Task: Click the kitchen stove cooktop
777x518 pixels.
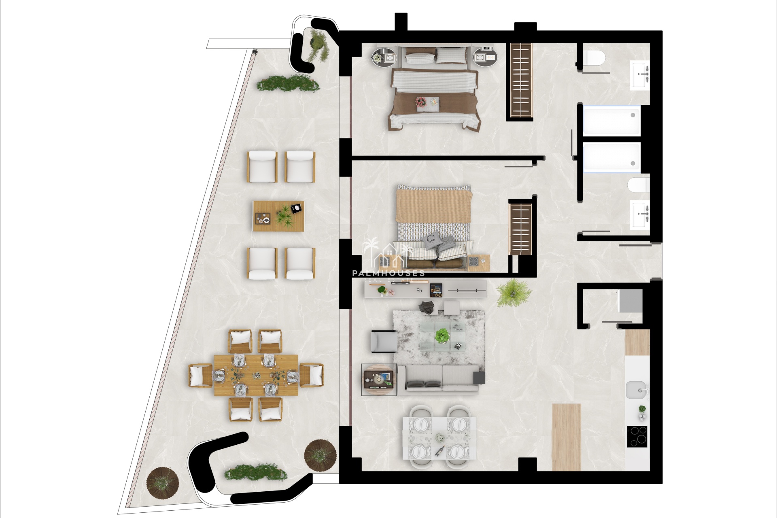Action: click(637, 436)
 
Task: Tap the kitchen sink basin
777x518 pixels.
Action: click(637, 390)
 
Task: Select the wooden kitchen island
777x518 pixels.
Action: click(567, 437)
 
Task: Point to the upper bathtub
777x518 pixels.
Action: click(611, 121)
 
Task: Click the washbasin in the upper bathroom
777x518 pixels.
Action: click(639, 75)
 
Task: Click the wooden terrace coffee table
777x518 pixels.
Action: click(278, 216)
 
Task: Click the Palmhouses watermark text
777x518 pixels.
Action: click(388, 273)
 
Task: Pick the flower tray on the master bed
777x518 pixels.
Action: click(427, 102)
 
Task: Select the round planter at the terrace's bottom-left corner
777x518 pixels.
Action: click(163, 484)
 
